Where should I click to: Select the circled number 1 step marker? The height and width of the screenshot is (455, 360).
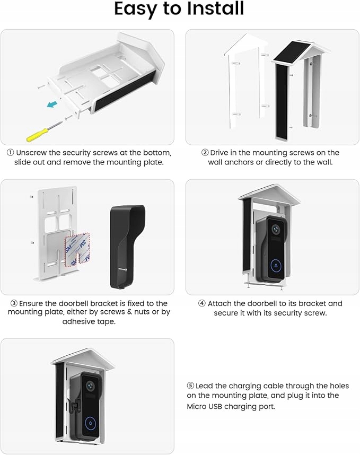[x=10, y=153]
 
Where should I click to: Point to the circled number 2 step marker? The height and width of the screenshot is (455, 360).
[x=205, y=153]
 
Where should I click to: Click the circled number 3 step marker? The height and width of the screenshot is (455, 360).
[x=14, y=303]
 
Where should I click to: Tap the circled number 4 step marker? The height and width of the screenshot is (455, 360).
[x=202, y=304]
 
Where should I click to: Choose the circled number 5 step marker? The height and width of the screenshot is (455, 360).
[x=190, y=386]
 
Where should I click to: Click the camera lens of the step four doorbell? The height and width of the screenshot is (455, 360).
[x=275, y=229]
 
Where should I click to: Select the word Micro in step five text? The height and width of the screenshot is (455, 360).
[x=197, y=406]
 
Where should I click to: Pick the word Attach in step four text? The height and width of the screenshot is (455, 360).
[x=219, y=304]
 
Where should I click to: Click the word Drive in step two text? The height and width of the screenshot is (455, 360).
[x=221, y=153]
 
